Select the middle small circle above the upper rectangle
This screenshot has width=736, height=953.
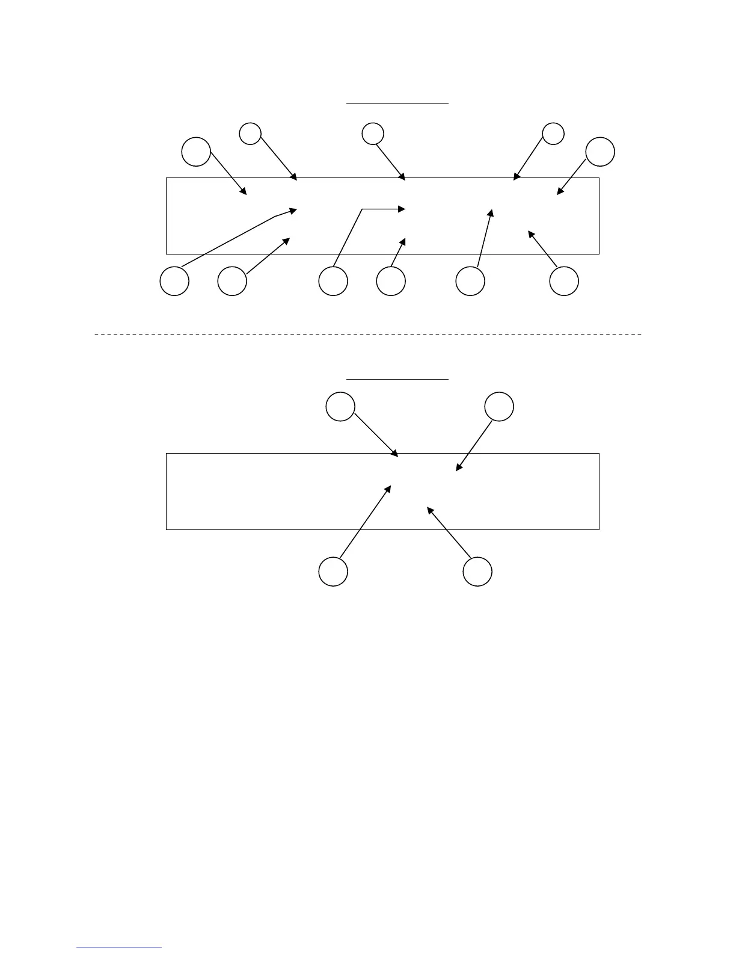click(x=373, y=134)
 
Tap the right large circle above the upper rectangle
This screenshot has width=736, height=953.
click(x=600, y=152)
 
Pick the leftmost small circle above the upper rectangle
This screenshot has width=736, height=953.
click(x=250, y=134)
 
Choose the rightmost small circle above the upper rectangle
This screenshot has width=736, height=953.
click(x=553, y=134)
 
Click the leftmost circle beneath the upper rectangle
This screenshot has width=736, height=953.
click(x=175, y=281)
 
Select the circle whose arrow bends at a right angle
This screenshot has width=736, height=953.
click(x=333, y=281)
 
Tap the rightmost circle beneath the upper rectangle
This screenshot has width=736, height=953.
click(x=565, y=281)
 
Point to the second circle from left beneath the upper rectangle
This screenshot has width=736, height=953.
click(x=232, y=281)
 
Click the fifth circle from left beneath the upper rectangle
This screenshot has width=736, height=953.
click(x=470, y=281)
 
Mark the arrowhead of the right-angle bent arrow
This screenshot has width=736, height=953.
click(x=402, y=209)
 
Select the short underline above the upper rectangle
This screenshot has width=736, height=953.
click(x=397, y=103)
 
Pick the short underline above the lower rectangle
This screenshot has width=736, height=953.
click(x=397, y=379)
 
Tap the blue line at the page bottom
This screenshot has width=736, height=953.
click(x=120, y=948)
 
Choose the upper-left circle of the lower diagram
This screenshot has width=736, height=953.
click(x=340, y=407)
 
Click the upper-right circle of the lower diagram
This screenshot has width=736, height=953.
click(x=499, y=407)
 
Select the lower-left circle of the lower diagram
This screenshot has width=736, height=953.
click(x=333, y=571)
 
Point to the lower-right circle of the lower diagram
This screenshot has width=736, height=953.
click(x=477, y=571)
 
